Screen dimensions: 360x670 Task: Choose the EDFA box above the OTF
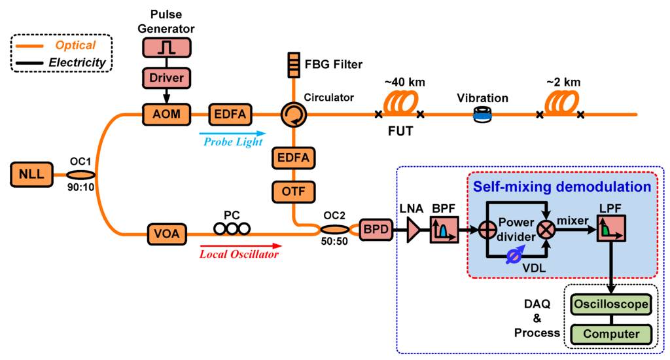[294, 158]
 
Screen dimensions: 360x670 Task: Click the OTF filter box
[294, 192]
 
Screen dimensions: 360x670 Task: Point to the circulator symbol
[290, 116]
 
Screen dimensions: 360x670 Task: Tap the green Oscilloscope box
[611, 304]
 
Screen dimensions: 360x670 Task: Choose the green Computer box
[611, 334]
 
